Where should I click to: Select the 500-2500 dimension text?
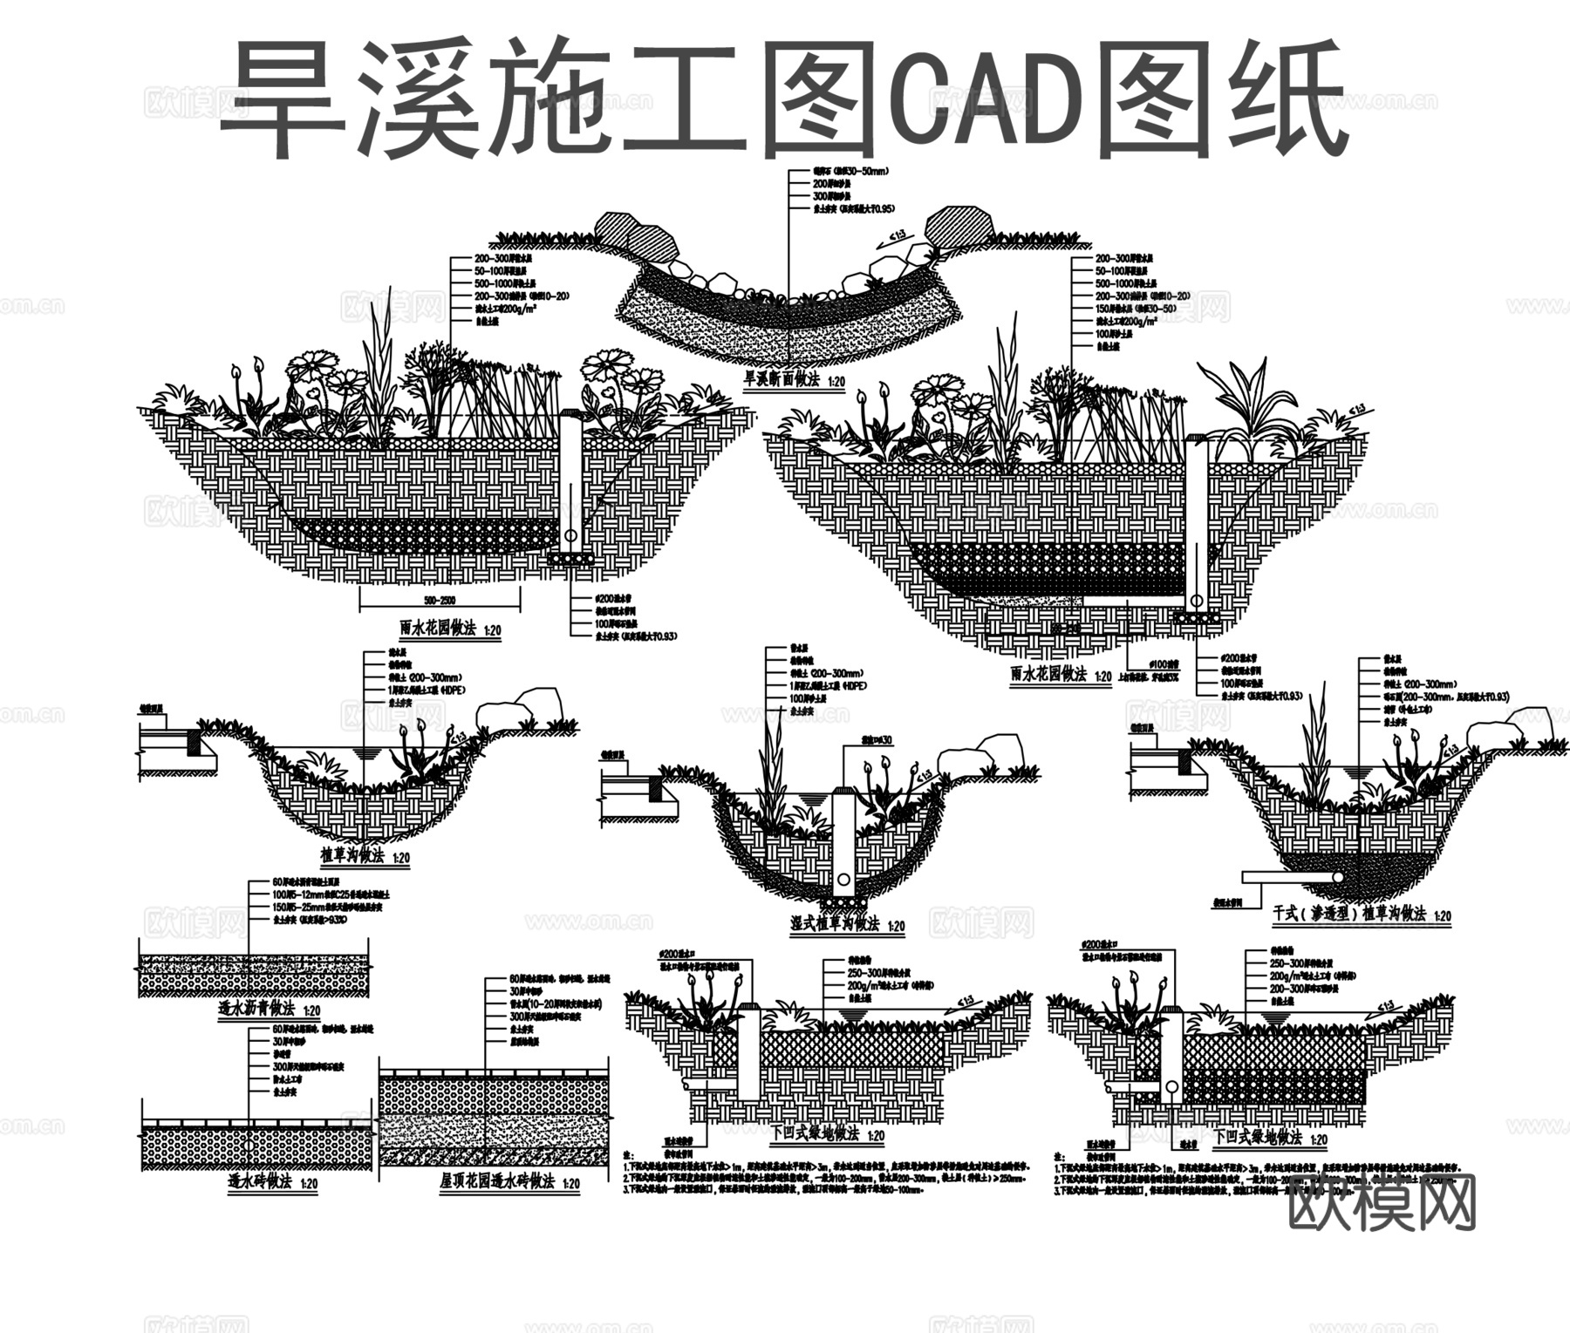tap(440, 601)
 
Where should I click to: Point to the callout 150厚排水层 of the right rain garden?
tap(1134, 309)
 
